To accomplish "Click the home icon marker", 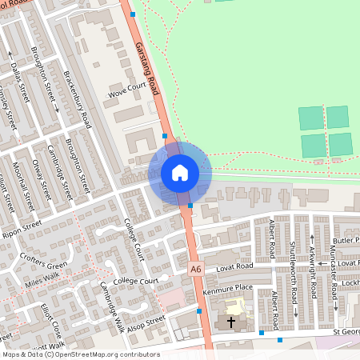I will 180,173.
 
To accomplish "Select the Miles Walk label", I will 42,281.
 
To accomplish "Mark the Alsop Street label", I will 146,322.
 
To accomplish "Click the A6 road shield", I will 196,270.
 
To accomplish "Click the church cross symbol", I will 232,322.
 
